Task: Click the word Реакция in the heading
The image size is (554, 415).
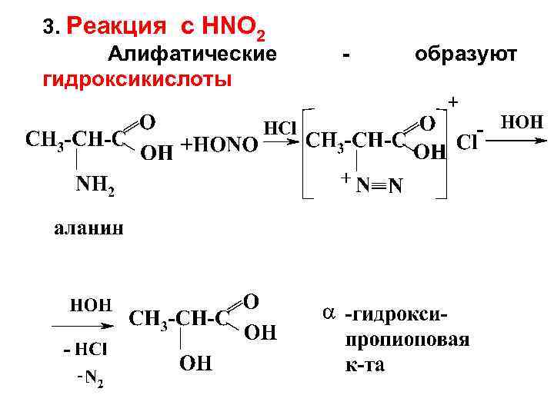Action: pyautogui.click(x=117, y=28)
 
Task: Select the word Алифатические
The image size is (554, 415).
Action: pyautogui.click(x=192, y=55)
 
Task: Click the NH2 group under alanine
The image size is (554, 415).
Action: pyautogui.click(x=95, y=185)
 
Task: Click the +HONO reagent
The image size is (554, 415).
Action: pyautogui.click(x=219, y=144)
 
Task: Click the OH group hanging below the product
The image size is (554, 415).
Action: pyautogui.click(x=196, y=361)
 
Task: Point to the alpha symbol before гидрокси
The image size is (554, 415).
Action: pyautogui.click(x=329, y=314)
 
